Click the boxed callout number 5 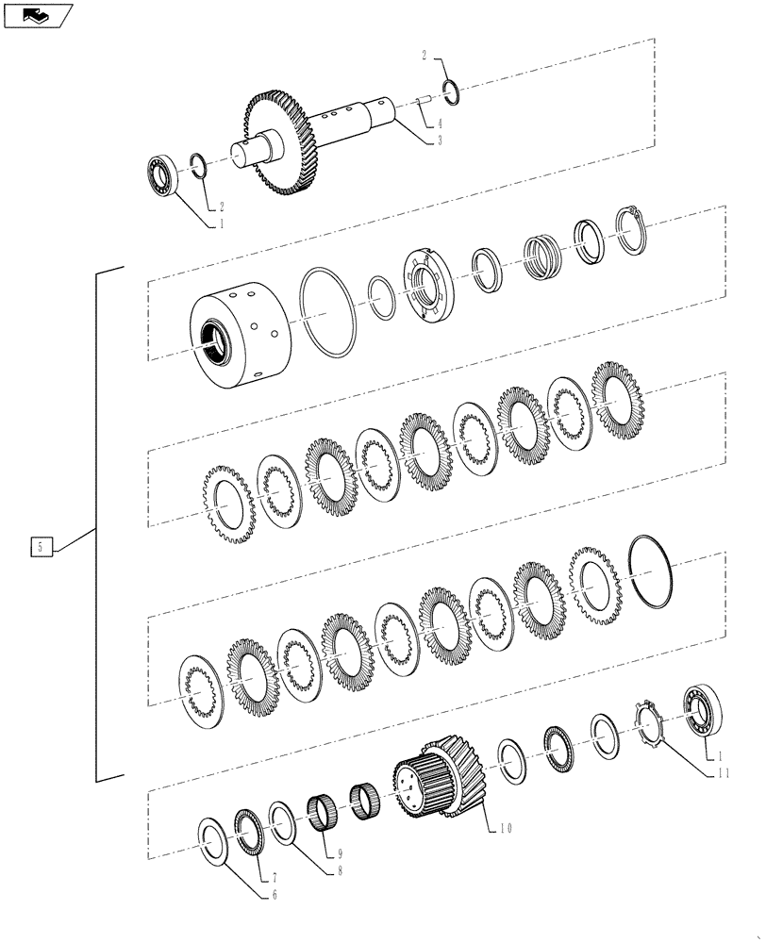click(41, 546)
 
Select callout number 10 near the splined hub click(507, 829)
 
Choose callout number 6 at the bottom click(275, 894)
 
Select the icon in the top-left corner click(38, 15)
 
